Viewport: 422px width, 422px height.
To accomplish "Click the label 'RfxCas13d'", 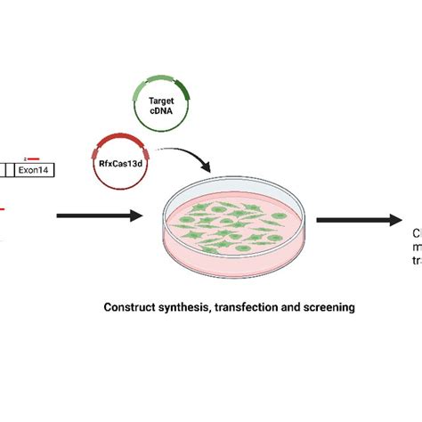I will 117,162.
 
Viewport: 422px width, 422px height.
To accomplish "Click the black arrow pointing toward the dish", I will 98,215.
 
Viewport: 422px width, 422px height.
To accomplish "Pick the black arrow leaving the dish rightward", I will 356,220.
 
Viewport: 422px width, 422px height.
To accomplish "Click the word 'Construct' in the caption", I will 132,306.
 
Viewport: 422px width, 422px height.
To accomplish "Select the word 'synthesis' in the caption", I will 185,306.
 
